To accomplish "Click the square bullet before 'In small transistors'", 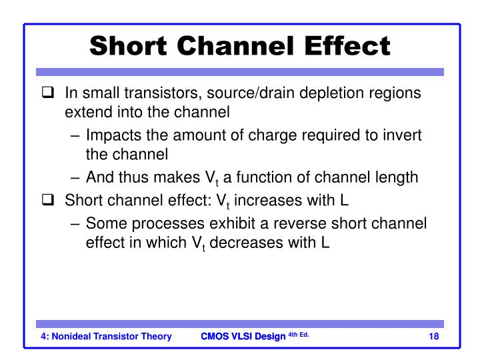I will pyautogui.click(x=47, y=93).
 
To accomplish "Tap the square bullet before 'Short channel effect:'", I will pyautogui.click(x=47, y=199).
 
